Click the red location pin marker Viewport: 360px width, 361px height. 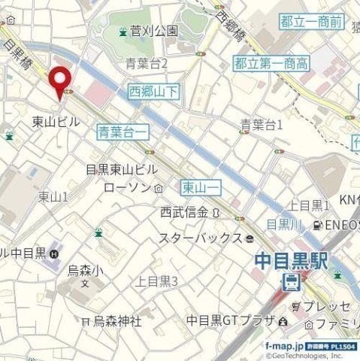pyautogui.click(x=59, y=79)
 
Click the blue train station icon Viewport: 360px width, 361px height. pyautogui.click(x=289, y=283)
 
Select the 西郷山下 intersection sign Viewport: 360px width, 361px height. pyautogui.click(x=153, y=92)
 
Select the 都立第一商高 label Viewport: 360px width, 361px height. pyautogui.click(x=271, y=63)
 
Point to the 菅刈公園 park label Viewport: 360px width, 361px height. pyautogui.click(x=153, y=31)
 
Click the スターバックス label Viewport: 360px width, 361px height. pyautogui.click(x=201, y=238)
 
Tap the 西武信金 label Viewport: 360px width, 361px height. pyautogui.click(x=184, y=213)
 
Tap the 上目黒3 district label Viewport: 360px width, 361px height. pyautogui.click(x=156, y=282)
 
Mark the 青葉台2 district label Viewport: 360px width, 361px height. pyautogui.click(x=146, y=62)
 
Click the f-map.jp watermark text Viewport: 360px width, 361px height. pyautogui.click(x=286, y=347)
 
